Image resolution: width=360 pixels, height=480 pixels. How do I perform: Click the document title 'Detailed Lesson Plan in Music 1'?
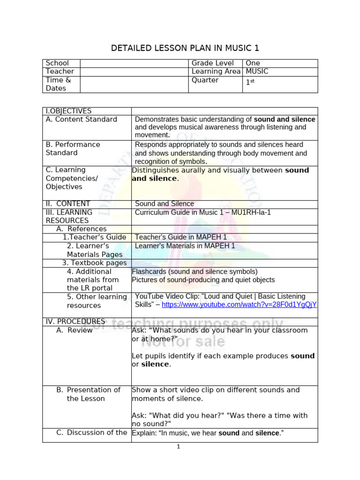click(185, 48)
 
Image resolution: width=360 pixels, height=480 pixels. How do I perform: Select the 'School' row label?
click(57, 63)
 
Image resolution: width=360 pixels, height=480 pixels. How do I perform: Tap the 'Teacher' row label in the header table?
click(60, 71)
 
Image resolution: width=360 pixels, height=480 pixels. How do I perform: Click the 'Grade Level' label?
click(212, 63)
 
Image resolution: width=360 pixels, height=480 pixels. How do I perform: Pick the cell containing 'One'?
click(253, 63)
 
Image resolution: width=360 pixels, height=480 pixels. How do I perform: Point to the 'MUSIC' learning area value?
click(257, 71)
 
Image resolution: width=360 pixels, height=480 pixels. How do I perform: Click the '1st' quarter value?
click(250, 82)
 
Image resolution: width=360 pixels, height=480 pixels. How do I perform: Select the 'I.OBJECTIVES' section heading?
click(68, 111)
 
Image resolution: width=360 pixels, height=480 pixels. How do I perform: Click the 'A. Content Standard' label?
click(81, 120)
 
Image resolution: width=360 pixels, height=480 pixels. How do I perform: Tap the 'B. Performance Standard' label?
click(73, 149)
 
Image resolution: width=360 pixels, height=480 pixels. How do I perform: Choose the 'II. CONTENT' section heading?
click(67, 204)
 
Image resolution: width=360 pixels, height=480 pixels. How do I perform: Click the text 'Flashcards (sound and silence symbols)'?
click(195, 271)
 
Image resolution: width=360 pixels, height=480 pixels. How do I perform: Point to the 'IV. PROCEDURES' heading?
click(75, 322)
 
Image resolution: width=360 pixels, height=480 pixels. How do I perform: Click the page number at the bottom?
click(179, 447)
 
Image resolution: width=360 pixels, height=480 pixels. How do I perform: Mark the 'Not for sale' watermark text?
click(183, 342)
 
